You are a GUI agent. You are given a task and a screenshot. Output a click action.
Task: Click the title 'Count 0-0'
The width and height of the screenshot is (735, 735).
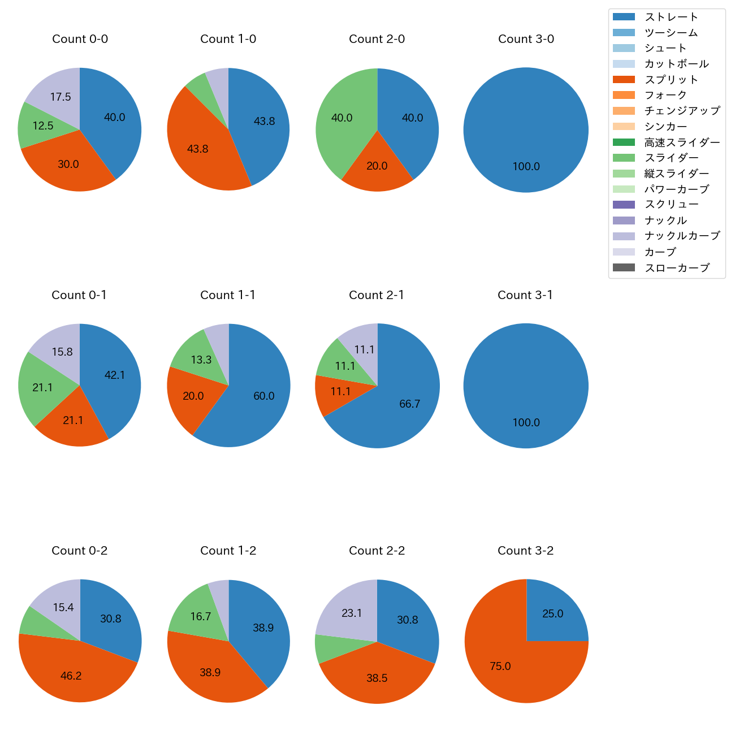pyautogui.click(x=80, y=39)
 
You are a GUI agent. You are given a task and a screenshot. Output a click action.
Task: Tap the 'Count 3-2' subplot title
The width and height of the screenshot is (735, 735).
pyautogui.click(x=525, y=551)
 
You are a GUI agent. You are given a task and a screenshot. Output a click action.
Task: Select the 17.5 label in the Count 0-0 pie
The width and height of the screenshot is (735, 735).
pyautogui.click(x=60, y=97)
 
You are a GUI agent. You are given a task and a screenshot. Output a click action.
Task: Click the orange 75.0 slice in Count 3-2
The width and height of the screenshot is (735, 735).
pyautogui.click(x=500, y=666)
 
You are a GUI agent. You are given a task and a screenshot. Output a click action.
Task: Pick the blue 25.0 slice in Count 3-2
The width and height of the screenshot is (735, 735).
pyautogui.click(x=552, y=614)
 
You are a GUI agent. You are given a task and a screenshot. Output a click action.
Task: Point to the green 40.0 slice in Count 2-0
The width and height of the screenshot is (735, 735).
pyautogui.click(x=341, y=118)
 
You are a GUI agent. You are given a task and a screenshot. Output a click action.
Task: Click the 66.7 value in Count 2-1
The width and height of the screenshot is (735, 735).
pyautogui.click(x=409, y=404)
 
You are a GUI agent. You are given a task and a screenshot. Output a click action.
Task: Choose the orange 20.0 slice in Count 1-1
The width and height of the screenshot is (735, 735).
pyautogui.click(x=193, y=396)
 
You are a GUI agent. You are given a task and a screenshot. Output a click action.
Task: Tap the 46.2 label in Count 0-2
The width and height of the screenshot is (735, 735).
pyautogui.click(x=71, y=676)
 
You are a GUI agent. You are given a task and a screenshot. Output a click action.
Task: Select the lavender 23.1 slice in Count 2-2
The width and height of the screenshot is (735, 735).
pyautogui.click(x=352, y=613)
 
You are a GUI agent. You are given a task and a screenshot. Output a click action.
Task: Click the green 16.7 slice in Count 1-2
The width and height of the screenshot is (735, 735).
pyautogui.click(x=201, y=616)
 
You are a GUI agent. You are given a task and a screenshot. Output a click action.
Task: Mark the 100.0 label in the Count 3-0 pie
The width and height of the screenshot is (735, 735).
pyautogui.click(x=526, y=166)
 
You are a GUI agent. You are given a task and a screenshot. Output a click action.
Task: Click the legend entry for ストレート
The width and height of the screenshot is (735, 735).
pyautogui.click(x=671, y=17)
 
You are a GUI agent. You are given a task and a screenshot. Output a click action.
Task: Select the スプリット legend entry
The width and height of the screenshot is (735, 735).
pyautogui.click(x=671, y=80)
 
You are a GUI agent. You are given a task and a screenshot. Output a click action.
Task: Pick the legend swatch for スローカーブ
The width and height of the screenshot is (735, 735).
pyautogui.click(x=624, y=267)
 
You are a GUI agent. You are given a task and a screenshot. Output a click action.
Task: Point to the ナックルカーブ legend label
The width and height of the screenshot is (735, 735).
pyautogui.click(x=682, y=236)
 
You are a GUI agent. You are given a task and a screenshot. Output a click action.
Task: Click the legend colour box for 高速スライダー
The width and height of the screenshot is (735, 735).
pyautogui.click(x=624, y=142)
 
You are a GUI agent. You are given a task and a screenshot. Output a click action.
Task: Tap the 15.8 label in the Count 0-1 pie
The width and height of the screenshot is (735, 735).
pyautogui.click(x=62, y=352)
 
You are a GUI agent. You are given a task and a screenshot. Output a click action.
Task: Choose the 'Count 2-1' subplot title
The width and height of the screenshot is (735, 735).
pyautogui.click(x=377, y=295)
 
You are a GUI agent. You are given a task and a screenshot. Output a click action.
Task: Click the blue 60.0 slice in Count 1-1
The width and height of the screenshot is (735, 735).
pyautogui.click(x=263, y=396)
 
